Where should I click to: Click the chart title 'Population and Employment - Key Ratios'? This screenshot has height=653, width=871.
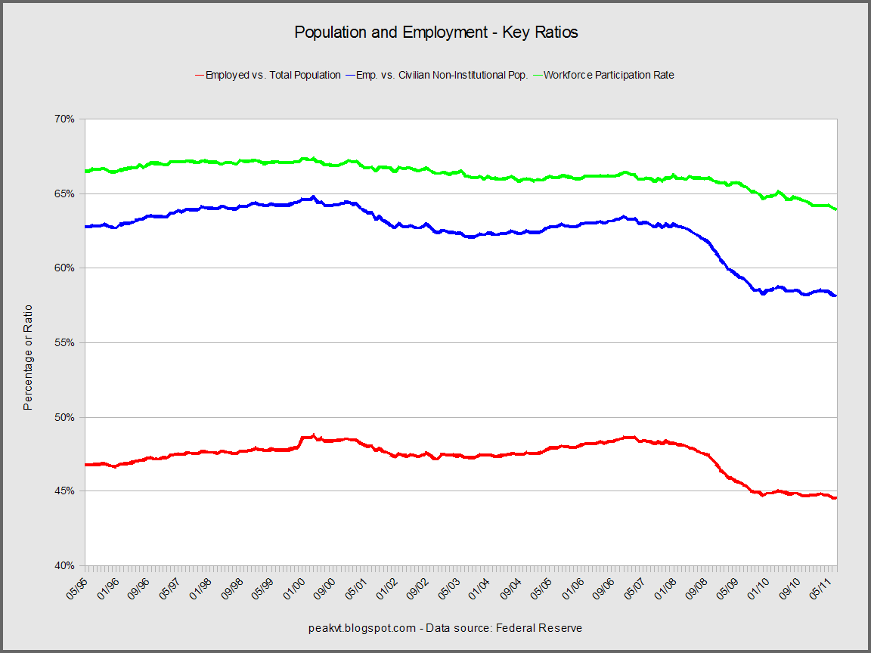click(435, 32)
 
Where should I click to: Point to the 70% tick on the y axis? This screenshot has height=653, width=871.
click(64, 119)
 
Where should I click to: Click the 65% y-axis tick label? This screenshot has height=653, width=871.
click(64, 193)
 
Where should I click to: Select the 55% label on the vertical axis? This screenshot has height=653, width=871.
click(64, 342)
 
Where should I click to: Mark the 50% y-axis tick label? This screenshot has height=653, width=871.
click(64, 417)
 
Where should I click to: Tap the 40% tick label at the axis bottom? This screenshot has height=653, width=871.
click(64, 566)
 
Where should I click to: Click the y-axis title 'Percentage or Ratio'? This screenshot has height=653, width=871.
click(28, 357)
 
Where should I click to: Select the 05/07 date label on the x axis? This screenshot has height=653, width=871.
click(637, 586)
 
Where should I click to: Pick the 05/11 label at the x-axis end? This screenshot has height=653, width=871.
click(823, 586)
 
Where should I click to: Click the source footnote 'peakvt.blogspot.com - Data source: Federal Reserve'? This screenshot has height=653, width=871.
click(445, 628)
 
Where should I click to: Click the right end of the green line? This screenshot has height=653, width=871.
click(835, 209)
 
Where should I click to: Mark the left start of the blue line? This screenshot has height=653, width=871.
click(86, 226)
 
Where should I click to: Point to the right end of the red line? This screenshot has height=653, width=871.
click(835, 498)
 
